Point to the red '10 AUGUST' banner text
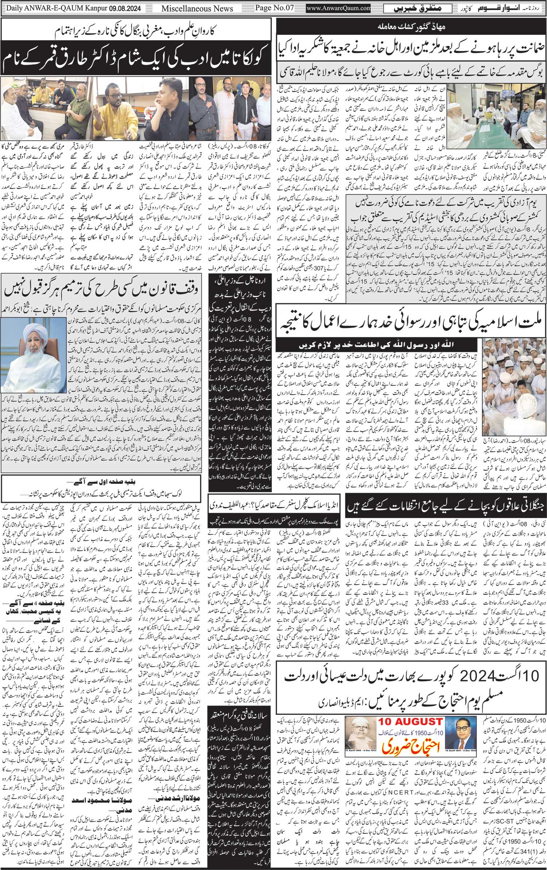pyautogui.click(x=410, y=711)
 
